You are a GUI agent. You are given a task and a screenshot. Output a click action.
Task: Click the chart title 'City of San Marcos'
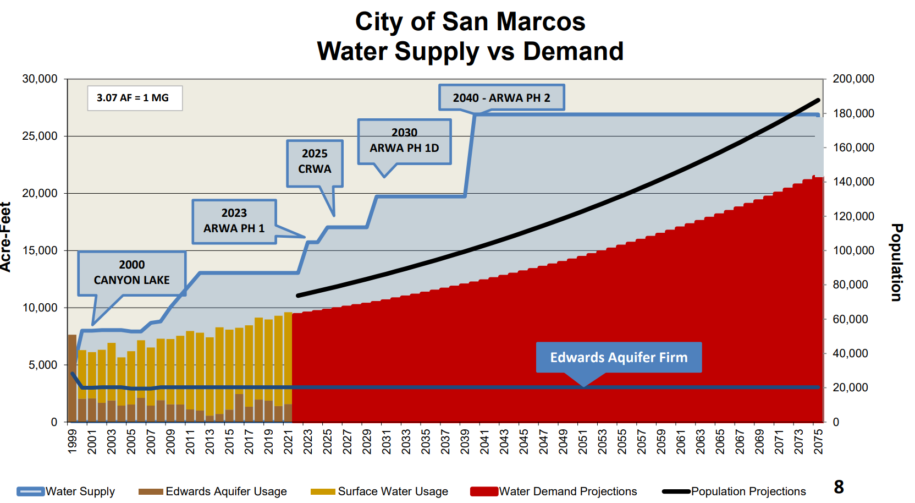coord(470,23)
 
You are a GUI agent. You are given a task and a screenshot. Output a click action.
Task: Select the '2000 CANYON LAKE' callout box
coord(132,272)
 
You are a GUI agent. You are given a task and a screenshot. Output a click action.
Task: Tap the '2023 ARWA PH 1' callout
coord(234,221)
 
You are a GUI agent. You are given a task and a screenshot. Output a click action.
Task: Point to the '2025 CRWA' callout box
coord(315,162)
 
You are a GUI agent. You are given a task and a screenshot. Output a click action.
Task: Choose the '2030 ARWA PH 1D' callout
coord(404,141)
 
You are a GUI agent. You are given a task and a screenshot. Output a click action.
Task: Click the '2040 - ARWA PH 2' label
coord(501,98)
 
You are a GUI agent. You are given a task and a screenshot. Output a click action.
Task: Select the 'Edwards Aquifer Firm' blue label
coord(619,357)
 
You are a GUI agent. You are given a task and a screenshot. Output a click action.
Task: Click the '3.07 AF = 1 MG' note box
coord(135,98)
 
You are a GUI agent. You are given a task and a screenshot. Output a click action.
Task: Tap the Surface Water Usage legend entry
coord(380,491)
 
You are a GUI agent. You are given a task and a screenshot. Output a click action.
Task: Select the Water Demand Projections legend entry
coord(554,491)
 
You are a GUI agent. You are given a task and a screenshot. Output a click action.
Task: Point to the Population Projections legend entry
coord(735,491)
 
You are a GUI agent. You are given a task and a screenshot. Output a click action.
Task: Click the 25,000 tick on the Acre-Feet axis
coord(40,136)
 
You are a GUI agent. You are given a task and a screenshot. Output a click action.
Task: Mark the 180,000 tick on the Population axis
coord(853,113)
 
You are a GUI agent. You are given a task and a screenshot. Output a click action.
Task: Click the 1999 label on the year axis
coord(72,441)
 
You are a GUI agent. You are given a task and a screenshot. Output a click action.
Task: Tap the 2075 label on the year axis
coord(818,441)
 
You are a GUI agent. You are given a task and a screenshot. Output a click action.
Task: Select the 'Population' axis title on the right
coord(896,262)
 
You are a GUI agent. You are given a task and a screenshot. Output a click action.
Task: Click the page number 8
coord(839,487)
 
